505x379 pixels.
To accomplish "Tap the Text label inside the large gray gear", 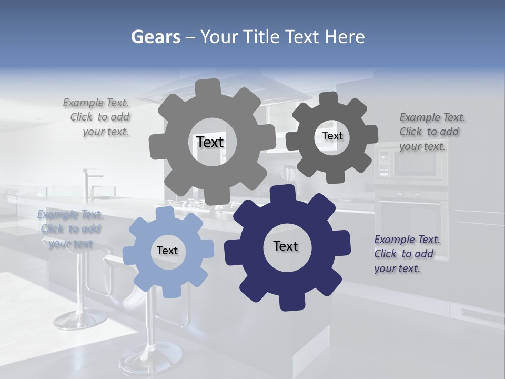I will (210, 142).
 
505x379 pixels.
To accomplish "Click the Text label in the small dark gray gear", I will (332, 136).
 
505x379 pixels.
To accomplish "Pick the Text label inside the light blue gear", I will (167, 251).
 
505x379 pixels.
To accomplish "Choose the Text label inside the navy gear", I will (286, 246).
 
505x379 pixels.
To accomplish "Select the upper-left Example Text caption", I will (97, 117).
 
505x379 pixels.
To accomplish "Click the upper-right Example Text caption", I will (432, 132).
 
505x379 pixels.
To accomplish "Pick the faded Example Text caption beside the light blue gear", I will (70, 229).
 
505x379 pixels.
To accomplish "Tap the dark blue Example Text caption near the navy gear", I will (407, 254).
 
